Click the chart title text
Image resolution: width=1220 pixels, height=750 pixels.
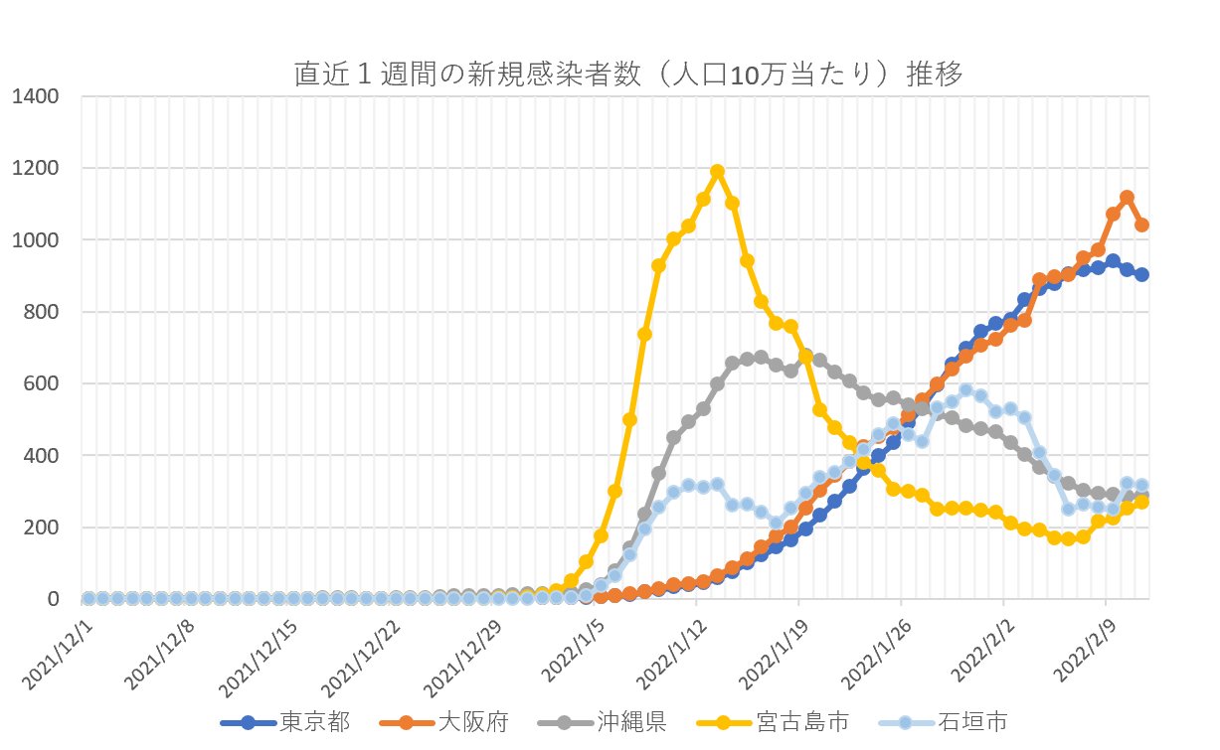[x=627, y=75]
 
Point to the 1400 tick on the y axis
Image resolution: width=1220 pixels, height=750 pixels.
[x=37, y=96]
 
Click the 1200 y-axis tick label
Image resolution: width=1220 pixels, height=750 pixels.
[x=37, y=168]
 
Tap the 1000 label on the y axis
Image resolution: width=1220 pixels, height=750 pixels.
[x=37, y=240]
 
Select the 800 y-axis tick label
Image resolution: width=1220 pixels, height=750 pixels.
[x=42, y=312]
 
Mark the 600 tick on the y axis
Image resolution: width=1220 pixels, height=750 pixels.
[x=42, y=383]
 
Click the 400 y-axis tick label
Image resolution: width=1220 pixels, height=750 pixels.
[x=42, y=456]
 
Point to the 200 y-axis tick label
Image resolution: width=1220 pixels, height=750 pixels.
[x=42, y=527]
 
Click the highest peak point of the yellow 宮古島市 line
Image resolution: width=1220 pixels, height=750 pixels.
[x=717, y=172]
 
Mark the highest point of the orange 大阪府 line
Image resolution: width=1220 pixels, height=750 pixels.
[x=1127, y=198]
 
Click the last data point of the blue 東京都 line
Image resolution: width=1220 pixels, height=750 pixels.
[x=1141, y=274]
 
